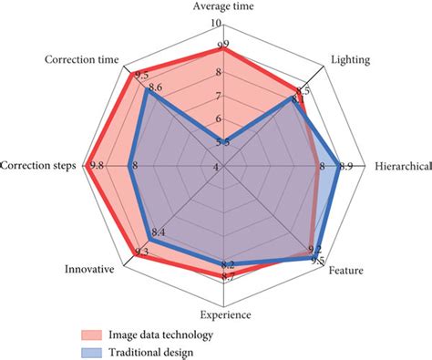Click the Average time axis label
click(x=224, y=7)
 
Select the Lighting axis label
click(x=350, y=61)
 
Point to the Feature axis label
click(x=346, y=271)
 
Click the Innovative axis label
click(x=89, y=270)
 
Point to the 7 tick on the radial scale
click(x=217, y=96)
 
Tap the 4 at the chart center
click(x=217, y=167)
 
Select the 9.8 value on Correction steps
click(x=96, y=166)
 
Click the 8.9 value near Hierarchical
click(x=345, y=166)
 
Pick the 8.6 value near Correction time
click(x=155, y=88)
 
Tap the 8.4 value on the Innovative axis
click(x=157, y=234)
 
